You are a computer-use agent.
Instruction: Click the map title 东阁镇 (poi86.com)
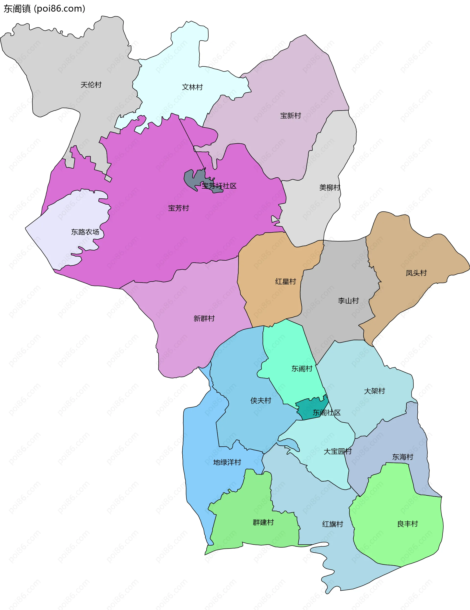pyautogui.click(x=44, y=9)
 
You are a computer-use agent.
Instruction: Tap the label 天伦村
pyautogui.click(x=91, y=85)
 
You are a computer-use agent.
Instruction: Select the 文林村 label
pyautogui.click(x=192, y=87)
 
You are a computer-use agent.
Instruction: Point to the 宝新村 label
pyautogui.click(x=291, y=116)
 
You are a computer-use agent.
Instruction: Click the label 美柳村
pyautogui.click(x=330, y=187)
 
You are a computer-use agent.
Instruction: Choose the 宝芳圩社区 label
pyautogui.click(x=219, y=186)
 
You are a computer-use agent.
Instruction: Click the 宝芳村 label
pyautogui.click(x=179, y=208)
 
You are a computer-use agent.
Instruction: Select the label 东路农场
pyautogui.click(x=85, y=232)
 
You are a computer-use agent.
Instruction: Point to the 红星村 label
pyautogui.click(x=285, y=281)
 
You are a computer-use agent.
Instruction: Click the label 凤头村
pyautogui.click(x=416, y=273)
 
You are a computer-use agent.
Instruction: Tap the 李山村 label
pyautogui.click(x=348, y=301)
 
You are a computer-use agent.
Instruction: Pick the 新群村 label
pyautogui.click(x=204, y=318)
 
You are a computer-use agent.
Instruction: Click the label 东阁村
pyautogui.click(x=302, y=369)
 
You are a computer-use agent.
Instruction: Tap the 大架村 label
pyautogui.click(x=374, y=391)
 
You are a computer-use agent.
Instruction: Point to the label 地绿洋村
pyautogui.click(x=227, y=462)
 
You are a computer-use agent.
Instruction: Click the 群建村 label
pyautogui.click(x=263, y=522)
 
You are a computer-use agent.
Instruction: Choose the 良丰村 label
pyautogui.click(x=408, y=524)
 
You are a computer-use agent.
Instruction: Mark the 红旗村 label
pyautogui.click(x=332, y=524)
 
